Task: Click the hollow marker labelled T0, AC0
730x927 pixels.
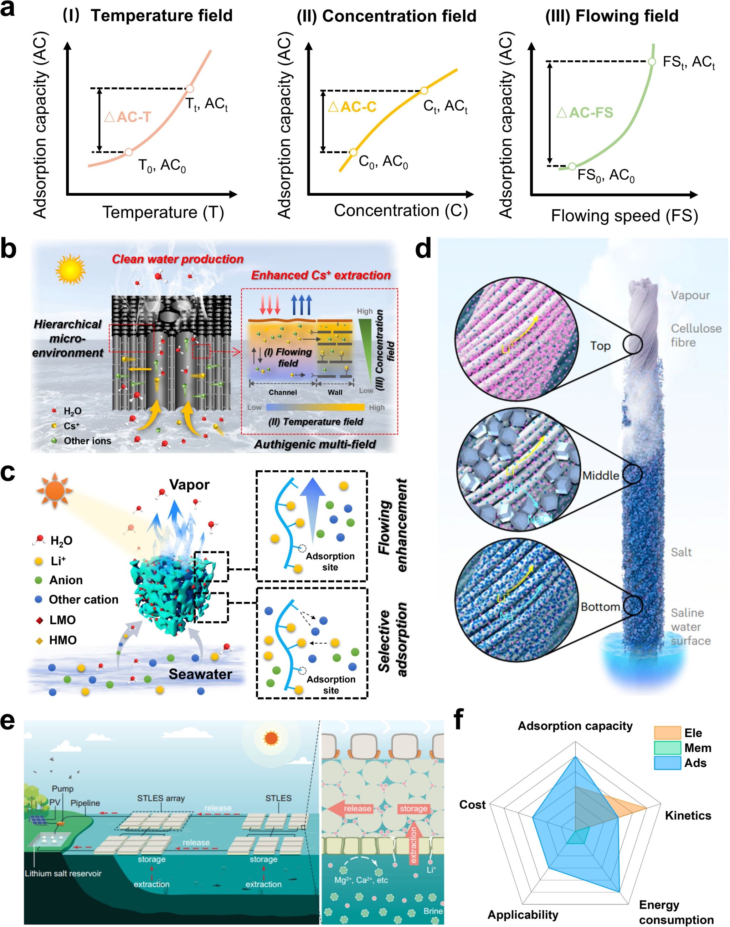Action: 128,152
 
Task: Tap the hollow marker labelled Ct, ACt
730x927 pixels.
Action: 423,91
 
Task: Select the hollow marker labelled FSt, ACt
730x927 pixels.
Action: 651,62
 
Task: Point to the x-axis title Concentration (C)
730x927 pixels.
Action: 401,211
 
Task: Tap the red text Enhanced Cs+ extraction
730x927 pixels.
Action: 320,275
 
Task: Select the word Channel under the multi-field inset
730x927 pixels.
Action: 283,392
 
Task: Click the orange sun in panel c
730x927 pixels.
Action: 54,491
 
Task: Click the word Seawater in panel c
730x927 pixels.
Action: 200,674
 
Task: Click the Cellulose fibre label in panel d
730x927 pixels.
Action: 695,335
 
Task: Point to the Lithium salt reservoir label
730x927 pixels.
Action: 63,873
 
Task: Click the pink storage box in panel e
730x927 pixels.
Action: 413,808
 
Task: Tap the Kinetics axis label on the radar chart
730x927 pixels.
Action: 688,815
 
